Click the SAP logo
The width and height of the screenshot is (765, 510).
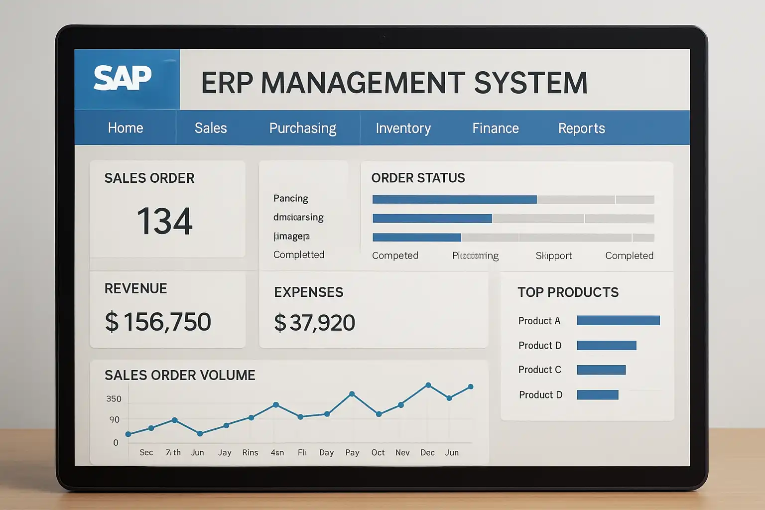click(x=123, y=78)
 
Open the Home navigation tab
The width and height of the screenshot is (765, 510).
click(x=126, y=128)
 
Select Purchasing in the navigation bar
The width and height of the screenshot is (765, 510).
click(x=303, y=128)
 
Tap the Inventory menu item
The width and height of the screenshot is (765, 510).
click(x=403, y=128)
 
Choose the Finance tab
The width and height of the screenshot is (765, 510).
click(x=496, y=128)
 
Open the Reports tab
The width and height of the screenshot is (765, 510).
click(x=581, y=128)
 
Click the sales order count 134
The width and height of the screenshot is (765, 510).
click(x=164, y=221)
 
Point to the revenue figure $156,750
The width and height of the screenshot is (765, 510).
click(x=158, y=322)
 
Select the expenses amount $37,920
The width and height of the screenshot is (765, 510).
click(x=314, y=323)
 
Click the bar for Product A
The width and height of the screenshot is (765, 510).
click(x=618, y=320)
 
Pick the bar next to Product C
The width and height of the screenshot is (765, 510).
click(x=601, y=370)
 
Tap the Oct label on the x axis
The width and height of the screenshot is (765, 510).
click(x=378, y=452)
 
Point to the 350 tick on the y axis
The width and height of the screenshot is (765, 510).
click(x=114, y=398)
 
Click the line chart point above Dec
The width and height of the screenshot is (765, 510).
click(x=428, y=385)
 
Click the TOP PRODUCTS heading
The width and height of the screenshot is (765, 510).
click(x=568, y=292)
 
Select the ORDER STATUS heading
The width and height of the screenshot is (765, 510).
click(x=418, y=178)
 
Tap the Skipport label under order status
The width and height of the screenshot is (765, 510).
click(x=553, y=255)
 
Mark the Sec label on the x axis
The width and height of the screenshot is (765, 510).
click(x=146, y=452)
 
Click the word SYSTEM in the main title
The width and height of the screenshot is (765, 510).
click(x=530, y=83)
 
